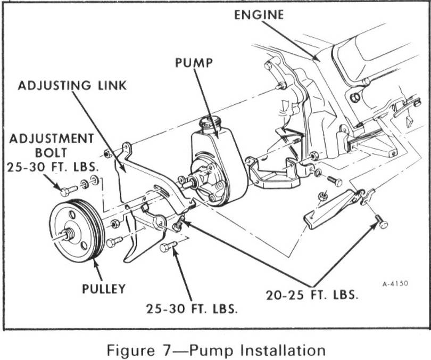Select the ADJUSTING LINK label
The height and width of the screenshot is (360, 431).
pyautogui.click(x=73, y=85)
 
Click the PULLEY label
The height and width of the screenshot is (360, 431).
pyautogui.click(x=104, y=289)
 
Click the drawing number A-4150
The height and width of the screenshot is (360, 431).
pyautogui.click(x=395, y=284)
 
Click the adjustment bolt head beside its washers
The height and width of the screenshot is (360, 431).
pyautogui.click(x=65, y=191)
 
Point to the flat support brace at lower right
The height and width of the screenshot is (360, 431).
pyautogui.click(x=330, y=209)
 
